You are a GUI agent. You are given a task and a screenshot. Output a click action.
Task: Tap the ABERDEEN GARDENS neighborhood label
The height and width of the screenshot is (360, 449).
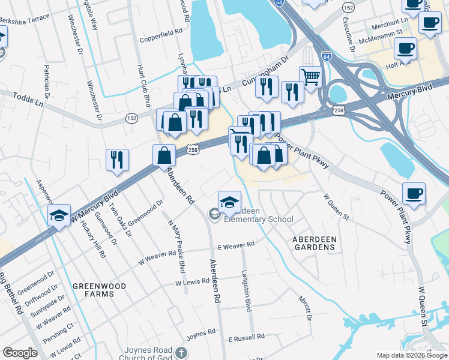pyautogui.click(x=314, y=244)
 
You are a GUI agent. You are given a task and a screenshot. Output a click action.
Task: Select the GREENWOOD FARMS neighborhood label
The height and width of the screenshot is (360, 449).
pyautogui.click(x=99, y=290)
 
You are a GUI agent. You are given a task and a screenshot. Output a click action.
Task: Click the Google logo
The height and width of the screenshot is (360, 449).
pyautogui.click(x=20, y=353)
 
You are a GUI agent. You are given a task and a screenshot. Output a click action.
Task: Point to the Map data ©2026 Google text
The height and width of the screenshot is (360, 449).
pyautogui.click(x=412, y=355)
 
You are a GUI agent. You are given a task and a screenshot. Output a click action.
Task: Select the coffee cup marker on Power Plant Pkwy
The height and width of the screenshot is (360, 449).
pyautogui.click(x=414, y=194)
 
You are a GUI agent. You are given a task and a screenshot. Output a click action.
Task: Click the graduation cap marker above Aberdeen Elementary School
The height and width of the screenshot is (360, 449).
pyautogui.click(x=229, y=202)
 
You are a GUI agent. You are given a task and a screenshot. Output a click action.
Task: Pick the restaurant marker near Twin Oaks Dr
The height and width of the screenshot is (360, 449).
pyautogui.click(x=117, y=160)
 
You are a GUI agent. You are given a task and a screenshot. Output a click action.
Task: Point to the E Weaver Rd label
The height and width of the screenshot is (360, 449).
pyautogui.click(x=236, y=245)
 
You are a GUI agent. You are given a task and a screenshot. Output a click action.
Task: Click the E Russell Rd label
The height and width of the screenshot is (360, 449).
pyautogui.click(x=246, y=338)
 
